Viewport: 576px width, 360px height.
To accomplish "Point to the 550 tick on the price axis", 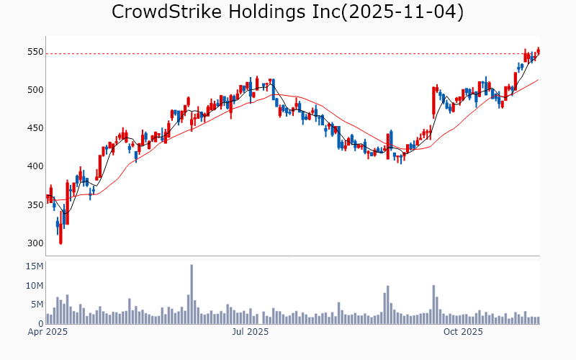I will pos(35,52).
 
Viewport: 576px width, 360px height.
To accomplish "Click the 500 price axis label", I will pos(35,90).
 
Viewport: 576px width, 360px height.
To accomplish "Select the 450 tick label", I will pos(35,128).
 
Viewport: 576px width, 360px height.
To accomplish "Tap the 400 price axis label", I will pos(35,166).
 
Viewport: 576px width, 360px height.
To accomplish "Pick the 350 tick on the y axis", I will pos(35,205).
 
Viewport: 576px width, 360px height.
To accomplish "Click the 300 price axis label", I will pos(35,243).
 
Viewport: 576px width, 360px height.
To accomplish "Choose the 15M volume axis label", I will pos(35,266).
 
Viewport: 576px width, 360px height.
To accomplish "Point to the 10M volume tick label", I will pos(35,286).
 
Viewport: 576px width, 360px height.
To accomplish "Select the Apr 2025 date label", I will pos(47,332).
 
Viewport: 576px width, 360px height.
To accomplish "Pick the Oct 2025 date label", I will pos(462,332).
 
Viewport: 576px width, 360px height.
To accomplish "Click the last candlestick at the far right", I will pos(538,50).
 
